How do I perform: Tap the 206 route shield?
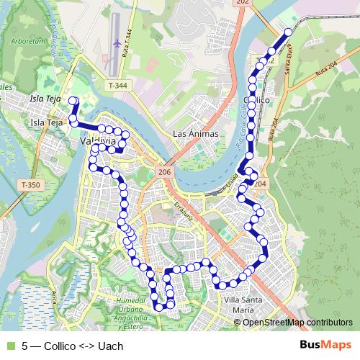(x=164, y=172)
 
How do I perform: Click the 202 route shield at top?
(x=242, y=4)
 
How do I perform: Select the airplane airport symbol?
(x=117, y=44)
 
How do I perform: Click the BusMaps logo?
(x=325, y=344)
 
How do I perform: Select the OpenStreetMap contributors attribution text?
(x=297, y=322)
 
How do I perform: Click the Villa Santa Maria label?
(x=238, y=305)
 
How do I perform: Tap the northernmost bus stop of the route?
(x=288, y=32)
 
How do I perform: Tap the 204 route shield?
(x=260, y=184)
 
